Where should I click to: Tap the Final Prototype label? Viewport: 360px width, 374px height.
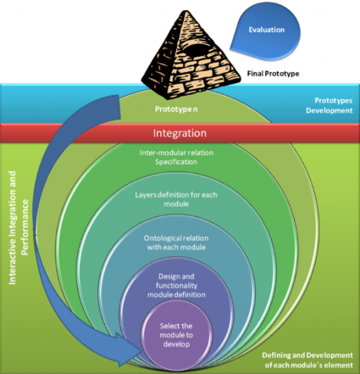point(273,74)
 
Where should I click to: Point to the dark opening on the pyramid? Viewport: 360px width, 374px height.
point(195,48)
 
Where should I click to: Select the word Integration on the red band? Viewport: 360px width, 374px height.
point(180,133)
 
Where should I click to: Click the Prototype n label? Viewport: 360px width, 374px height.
point(176,109)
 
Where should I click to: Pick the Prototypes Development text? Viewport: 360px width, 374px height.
point(330,105)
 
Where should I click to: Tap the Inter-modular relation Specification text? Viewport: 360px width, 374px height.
point(176,157)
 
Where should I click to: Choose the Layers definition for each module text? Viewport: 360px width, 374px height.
point(176,199)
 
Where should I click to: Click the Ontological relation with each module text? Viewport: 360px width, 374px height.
point(176,243)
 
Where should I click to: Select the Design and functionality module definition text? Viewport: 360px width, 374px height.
point(176,285)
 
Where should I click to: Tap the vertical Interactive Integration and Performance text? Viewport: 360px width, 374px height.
point(19,227)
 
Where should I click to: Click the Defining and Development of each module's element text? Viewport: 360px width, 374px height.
point(307,360)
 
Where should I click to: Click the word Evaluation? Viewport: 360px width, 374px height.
point(267,30)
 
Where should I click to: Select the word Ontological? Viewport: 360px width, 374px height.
point(160,238)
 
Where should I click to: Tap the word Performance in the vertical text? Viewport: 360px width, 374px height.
point(25,227)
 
